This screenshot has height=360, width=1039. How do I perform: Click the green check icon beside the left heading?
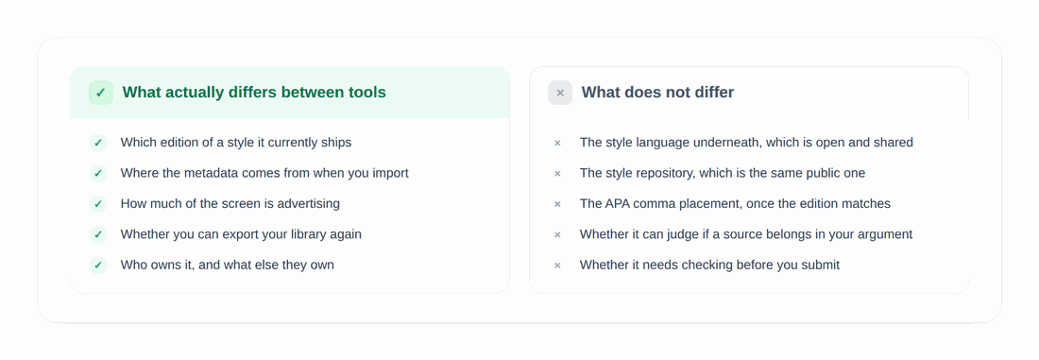coord(101,93)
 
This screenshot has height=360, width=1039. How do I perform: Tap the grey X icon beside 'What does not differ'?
coord(560,93)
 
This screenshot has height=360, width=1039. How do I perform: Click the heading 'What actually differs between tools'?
coord(254,93)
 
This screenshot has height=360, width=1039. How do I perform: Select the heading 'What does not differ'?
coord(657,93)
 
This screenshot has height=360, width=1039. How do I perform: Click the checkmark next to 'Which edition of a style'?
coord(98,143)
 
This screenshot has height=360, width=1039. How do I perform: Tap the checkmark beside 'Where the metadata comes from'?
coord(98,173)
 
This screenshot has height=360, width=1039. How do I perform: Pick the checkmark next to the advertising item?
coord(98,203)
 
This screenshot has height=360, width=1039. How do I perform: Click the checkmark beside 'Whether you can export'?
coord(98,234)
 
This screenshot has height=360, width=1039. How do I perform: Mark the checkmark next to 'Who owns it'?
coord(98,266)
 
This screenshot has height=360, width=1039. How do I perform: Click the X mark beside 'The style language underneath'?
coord(557,143)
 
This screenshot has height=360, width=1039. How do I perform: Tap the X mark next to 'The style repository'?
coord(557,173)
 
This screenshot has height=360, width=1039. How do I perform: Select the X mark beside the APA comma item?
coord(557,203)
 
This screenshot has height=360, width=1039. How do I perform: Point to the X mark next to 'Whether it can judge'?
coord(557,234)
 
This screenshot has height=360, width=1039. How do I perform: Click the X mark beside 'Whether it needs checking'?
coord(557,266)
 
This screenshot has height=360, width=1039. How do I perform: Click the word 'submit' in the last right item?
coord(820,266)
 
